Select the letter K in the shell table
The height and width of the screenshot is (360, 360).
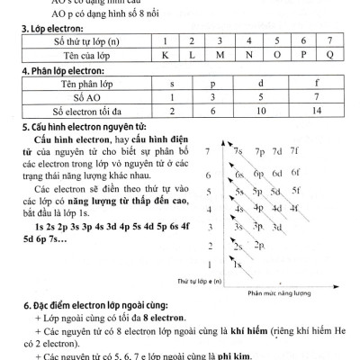click(166, 56)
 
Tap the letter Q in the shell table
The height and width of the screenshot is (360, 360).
click(328, 56)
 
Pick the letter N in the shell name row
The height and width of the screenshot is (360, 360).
click(247, 56)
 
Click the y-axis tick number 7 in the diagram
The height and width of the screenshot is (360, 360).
click(209, 150)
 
